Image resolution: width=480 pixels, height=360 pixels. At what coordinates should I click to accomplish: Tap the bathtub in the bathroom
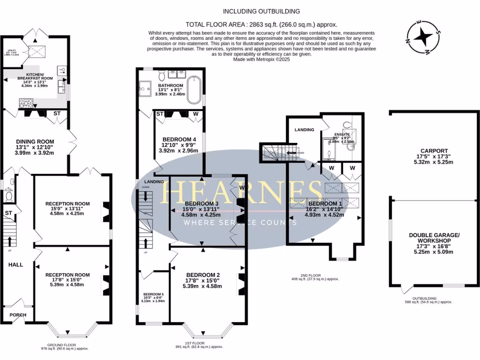pos(194,90)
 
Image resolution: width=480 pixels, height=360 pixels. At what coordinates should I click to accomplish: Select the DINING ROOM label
pos(35,142)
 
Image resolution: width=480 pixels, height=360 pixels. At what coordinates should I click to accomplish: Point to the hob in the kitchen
pos(26,102)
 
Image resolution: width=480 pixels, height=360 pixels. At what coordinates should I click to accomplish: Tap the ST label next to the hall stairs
pos(8,214)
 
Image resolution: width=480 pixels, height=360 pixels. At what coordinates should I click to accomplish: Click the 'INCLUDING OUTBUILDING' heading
pos(261,11)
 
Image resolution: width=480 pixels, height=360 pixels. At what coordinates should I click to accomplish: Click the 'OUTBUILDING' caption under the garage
pos(425,298)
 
